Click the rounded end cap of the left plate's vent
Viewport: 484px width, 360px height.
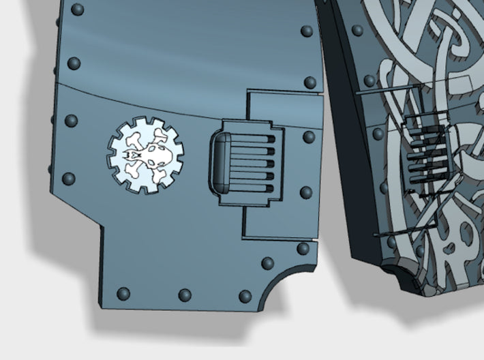point(219,164)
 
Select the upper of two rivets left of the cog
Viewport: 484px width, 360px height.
point(71,121)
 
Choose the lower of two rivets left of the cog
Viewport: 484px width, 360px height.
point(68,179)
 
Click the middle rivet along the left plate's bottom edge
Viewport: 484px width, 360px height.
point(184,295)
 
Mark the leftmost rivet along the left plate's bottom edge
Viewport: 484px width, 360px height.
point(123,295)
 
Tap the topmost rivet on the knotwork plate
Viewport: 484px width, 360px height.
point(357,31)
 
